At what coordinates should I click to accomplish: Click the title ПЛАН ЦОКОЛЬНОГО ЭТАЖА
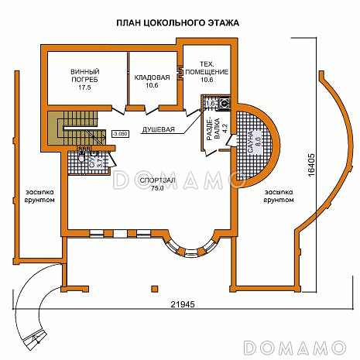(x=178, y=23)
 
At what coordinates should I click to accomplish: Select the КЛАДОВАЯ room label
(x=152, y=77)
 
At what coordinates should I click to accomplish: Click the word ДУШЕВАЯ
(x=158, y=130)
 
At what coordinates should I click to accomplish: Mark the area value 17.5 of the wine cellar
(x=84, y=88)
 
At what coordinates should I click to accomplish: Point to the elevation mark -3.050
(x=120, y=133)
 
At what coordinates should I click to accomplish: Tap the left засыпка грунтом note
(x=39, y=195)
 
